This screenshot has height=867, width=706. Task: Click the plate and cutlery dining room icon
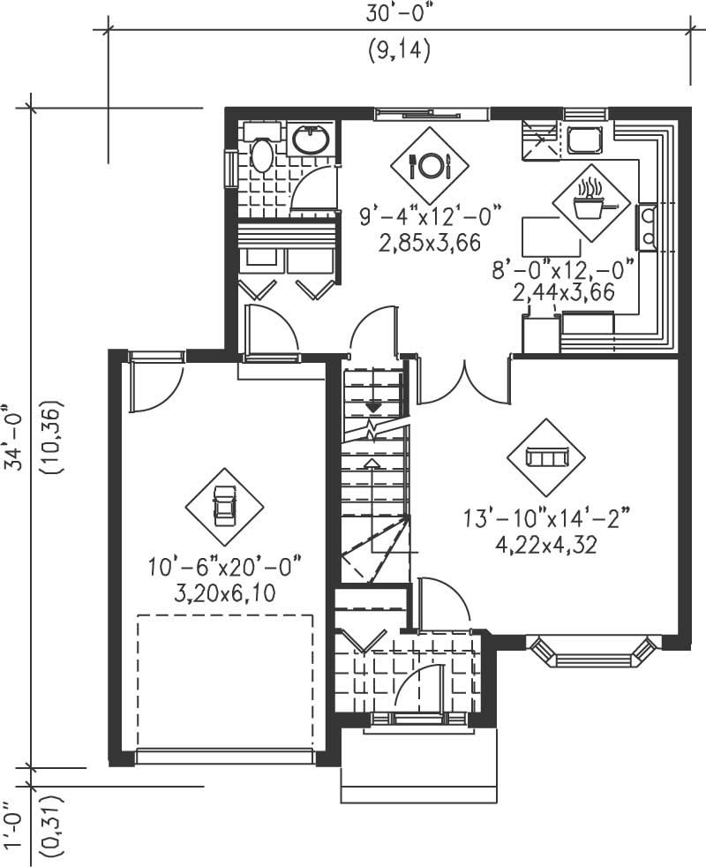click(x=430, y=165)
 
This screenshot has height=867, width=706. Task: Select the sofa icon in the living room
click(x=546, y=456)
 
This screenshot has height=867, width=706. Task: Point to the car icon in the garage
click(x=224, y=507)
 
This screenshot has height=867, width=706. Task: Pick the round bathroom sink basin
click(x=310, y=139)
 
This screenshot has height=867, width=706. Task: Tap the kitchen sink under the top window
click(x=583, y=139)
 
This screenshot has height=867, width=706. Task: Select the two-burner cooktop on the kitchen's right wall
click(x=647, y=227)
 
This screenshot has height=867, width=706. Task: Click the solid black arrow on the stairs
click(x=374, y=406)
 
